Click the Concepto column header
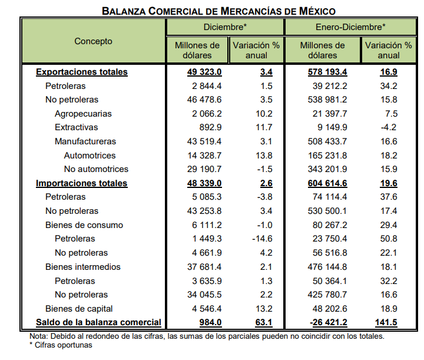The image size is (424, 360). tap(93, 41)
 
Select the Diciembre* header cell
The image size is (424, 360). tap(225, 27)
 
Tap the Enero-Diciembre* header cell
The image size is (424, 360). tap(350, 27)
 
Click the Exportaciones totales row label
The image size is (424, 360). tap(82, 72)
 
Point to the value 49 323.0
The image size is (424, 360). tap(204, 72)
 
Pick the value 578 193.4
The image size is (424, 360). tap(327, 72)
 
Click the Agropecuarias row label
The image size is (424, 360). tap(83, 114)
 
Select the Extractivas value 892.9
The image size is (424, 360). tap(210, 127)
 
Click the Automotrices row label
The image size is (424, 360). tap(90, 156)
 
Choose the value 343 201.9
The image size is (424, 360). tap(327, 169)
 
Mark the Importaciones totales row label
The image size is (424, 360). tap(81, 183)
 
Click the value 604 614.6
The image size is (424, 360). tap(327, 183)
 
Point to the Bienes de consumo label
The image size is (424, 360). tap(84, 225)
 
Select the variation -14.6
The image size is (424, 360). tap(262, 239)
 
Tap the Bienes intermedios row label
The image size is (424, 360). tap(83, 267)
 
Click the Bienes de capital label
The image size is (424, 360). tap(79, 309)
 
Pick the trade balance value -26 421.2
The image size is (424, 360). tap(328, 322)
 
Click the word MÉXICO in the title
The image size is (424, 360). tap(317, 11)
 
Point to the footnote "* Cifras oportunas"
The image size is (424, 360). tap(61, 345)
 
